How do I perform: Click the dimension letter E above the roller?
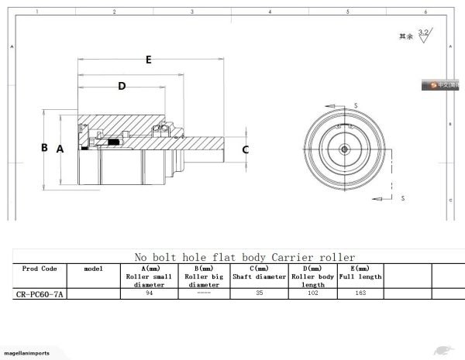point(148,59)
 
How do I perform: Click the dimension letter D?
point(121,86)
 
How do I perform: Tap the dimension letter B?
point(45,147)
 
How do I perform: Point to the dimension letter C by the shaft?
point(246,149)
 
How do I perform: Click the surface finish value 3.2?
point(423,33)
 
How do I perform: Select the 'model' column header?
point(93,268)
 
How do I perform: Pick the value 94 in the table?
point(148,293)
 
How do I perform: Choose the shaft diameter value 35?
point(260,293)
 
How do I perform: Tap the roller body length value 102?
point(313,293)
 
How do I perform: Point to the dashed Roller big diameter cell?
point(204,293)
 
